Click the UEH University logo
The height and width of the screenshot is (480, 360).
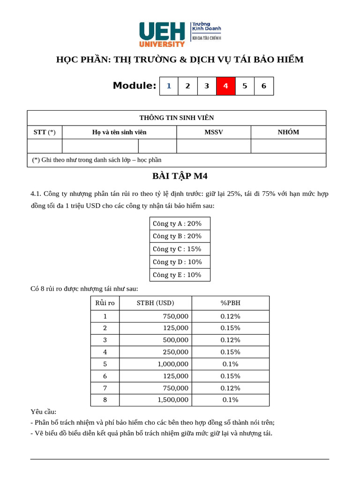(x=180, y=34)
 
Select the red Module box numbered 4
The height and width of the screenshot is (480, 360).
(x=225, y=86)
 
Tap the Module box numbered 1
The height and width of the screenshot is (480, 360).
(x=169, y=86)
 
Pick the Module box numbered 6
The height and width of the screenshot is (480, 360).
(x=263, y=86)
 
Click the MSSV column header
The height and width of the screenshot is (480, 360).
(x=214, y=132)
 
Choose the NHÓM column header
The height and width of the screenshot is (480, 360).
(x=288, y=132)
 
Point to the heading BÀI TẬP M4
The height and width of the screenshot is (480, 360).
(x=180, y=176)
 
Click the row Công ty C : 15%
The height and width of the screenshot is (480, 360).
(x=180, y=249)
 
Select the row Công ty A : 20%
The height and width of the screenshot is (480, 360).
(x=180, y=224)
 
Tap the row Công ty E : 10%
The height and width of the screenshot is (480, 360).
(x=180, y=275)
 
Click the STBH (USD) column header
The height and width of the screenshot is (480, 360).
(x=155, y=303)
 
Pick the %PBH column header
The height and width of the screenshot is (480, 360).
(x=230, y=303)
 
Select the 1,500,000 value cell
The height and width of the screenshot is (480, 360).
(x=173, y=400)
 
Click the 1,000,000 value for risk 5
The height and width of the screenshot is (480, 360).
(x=173, y=364)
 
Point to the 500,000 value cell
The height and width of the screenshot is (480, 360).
(x=175, y=340)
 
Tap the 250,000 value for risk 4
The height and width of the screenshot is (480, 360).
(x=175, y=352)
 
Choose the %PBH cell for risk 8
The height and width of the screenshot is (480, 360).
(x=230, y=400)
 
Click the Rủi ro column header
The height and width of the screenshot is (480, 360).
(x=105, y=303)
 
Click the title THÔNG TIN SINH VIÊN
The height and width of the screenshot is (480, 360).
(x=176, y=118)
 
